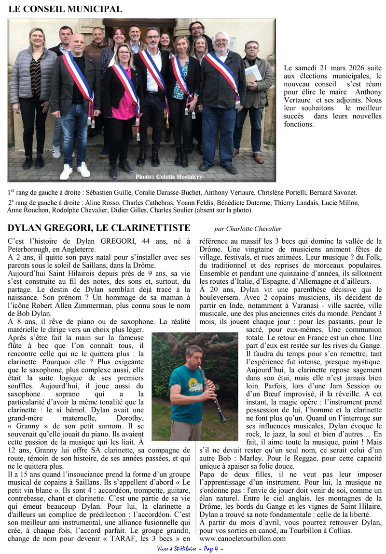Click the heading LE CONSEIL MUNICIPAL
pos(65,9)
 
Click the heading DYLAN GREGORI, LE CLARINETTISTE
pos(99,228)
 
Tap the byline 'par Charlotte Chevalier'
pos(248,229)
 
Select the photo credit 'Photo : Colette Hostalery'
pos(169,176)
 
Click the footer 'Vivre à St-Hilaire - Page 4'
pos(190,548)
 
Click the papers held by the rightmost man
pos(253,72)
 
